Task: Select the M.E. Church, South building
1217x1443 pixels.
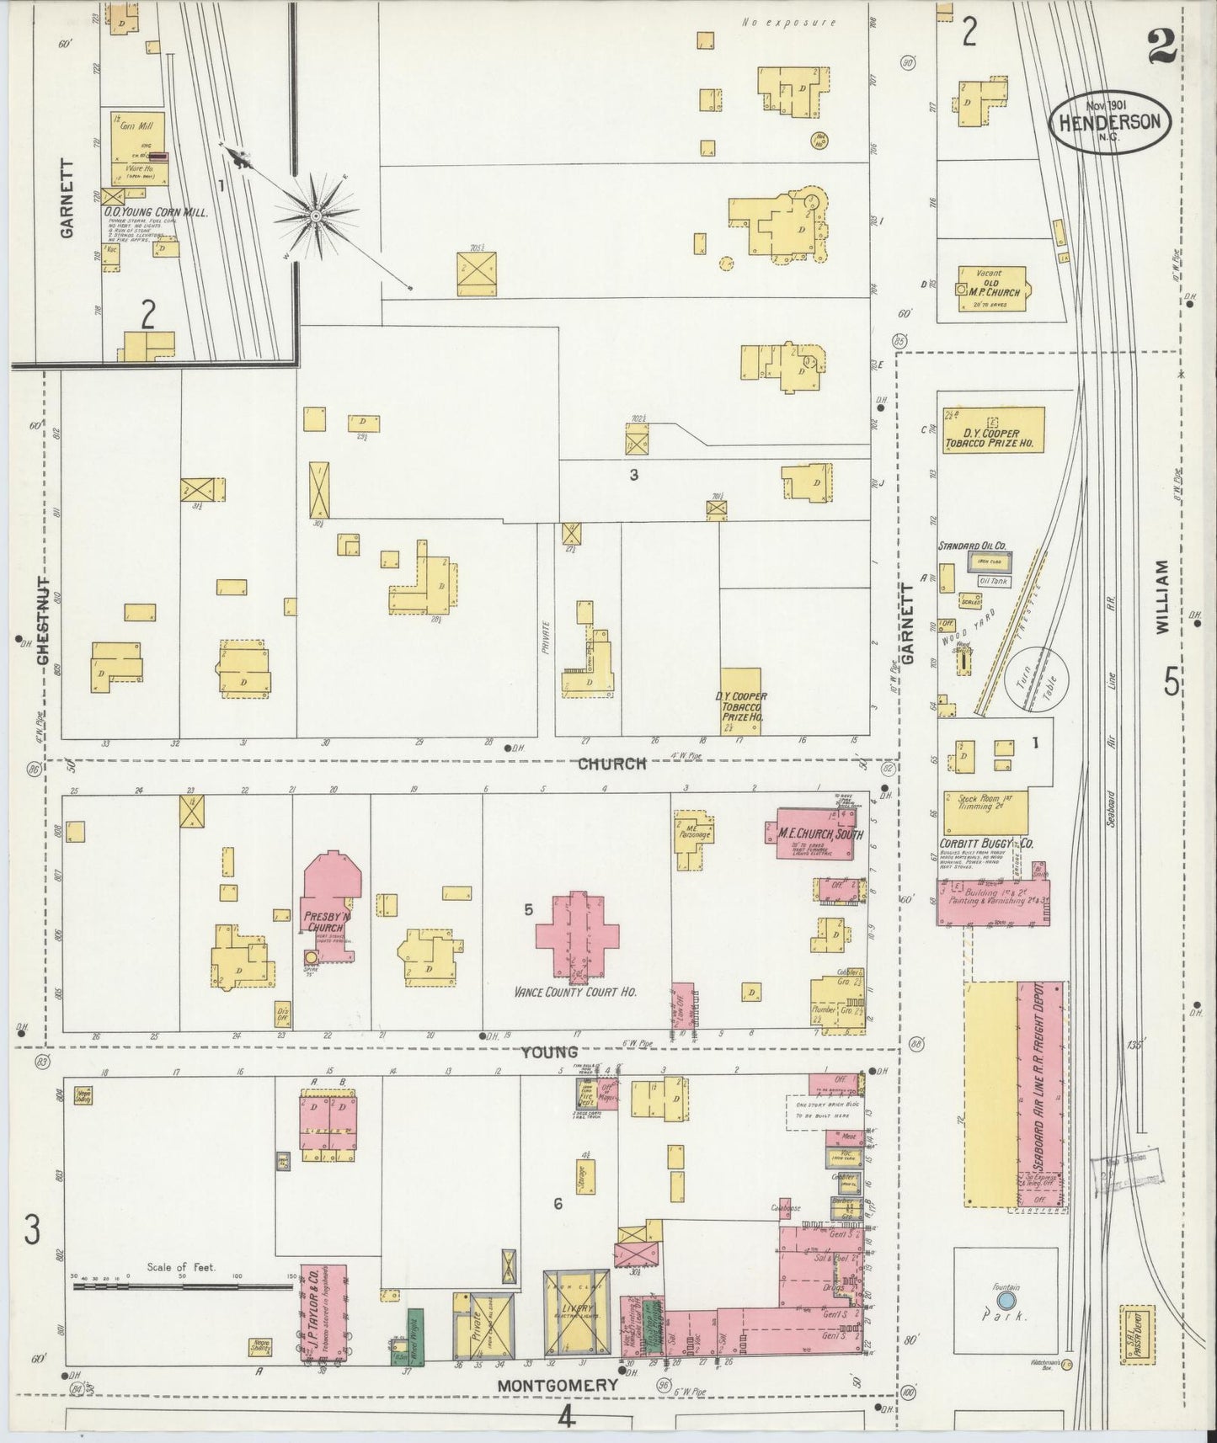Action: pyautogui.click(x=814, y=833)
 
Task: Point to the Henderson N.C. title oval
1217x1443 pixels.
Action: pyautogui.click(x=1109, y=122)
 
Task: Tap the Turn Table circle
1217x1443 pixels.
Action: pyautogui.click(x=1037, y=678)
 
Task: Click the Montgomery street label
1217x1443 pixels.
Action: pyautogui.click(x=557, y=1385)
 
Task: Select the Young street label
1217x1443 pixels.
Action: pyautogui.click(x=548, y=1052)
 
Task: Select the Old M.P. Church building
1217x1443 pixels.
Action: pyautogui.click(x=992, y=289)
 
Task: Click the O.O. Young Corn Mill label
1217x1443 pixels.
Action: pyautogui.click(x=157, y=213)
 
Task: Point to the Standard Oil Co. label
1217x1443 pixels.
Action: pyautogui.click(x=972, y=546)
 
